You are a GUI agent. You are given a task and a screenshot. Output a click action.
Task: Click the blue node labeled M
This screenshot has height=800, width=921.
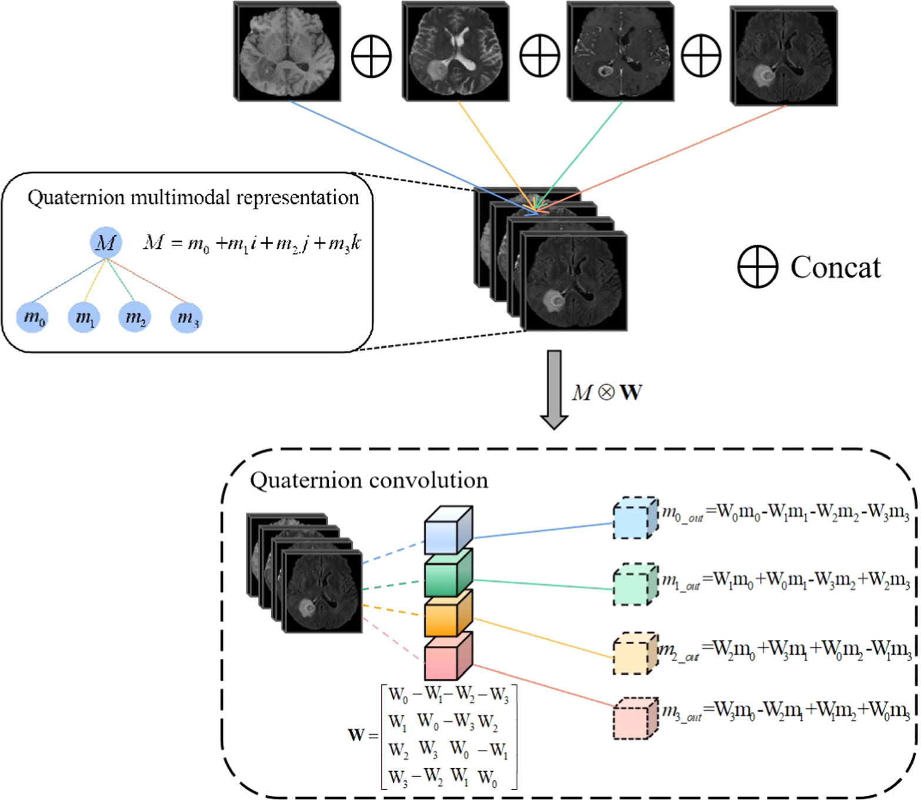tap(106, 242)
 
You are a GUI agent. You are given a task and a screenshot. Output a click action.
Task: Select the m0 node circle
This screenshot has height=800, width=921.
tap(32, 318)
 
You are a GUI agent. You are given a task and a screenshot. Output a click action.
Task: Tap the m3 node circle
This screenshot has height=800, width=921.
tap(186, 318)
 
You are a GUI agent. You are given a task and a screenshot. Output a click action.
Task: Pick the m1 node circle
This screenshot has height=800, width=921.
tap(84, 318)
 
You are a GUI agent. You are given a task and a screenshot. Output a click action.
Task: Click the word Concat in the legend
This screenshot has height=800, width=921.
tap(835, 268)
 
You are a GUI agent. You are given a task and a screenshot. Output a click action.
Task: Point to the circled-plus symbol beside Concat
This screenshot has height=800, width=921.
tap(758, 266)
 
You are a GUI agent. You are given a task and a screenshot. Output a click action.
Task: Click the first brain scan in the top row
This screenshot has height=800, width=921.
tap(288, 52)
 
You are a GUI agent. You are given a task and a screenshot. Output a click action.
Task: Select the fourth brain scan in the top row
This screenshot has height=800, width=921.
tap(784, 56)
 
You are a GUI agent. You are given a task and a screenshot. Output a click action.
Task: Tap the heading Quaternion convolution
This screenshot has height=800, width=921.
tap(369, 481)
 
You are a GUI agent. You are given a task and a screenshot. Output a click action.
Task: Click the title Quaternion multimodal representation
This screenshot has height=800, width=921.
tap(193, 198)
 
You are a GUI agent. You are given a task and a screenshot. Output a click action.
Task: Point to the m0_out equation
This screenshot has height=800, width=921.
tap(786, 513)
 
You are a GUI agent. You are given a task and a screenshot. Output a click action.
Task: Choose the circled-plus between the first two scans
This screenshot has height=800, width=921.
tap(371, 56)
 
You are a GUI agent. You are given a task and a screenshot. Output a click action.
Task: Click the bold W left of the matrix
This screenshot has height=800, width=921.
tap(356, 735)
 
